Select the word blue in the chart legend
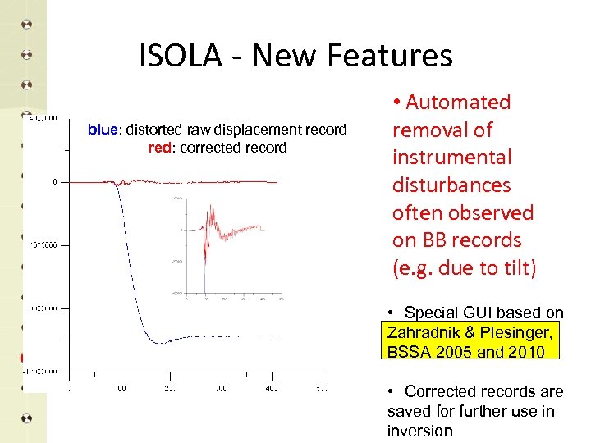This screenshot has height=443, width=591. click(x=103, y=130)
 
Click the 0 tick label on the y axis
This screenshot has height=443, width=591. click(x=55, y=181)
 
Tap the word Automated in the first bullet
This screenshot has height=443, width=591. click(x=458, y=103)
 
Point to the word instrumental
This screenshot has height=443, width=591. click(x=451, y=158)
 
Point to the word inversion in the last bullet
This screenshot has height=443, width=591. click(x=419, y=431)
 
